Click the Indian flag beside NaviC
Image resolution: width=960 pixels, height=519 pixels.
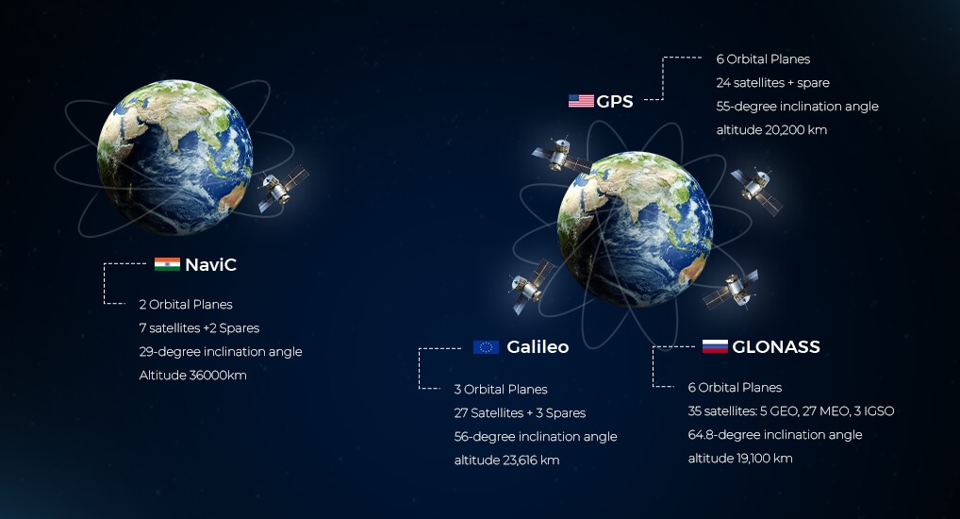pos(167,265)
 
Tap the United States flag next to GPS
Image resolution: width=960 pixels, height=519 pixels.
pos(581,101)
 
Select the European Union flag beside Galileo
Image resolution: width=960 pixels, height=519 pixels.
pos(486,347)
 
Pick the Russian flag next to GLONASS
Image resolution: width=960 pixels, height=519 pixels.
pos(715,347)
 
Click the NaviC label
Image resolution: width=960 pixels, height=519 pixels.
pos(210,265)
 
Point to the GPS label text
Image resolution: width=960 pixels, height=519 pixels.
pos(615,101)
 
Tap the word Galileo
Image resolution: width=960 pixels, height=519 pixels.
pos(538,347)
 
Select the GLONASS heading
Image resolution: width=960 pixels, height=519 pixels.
pos(776,347)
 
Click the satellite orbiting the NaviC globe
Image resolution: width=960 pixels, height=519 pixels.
pos(282,189)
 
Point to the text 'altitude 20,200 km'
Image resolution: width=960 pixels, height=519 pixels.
pos(771,129)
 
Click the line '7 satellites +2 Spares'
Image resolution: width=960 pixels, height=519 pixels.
pos(199,328)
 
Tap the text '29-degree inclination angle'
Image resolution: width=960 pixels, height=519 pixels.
pos(221,352)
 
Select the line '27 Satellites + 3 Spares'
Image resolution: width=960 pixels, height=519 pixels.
pos(520,413)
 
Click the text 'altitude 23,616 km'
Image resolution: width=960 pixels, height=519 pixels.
pos(506,460)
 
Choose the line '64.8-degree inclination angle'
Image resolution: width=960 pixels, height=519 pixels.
pos(775,435)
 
